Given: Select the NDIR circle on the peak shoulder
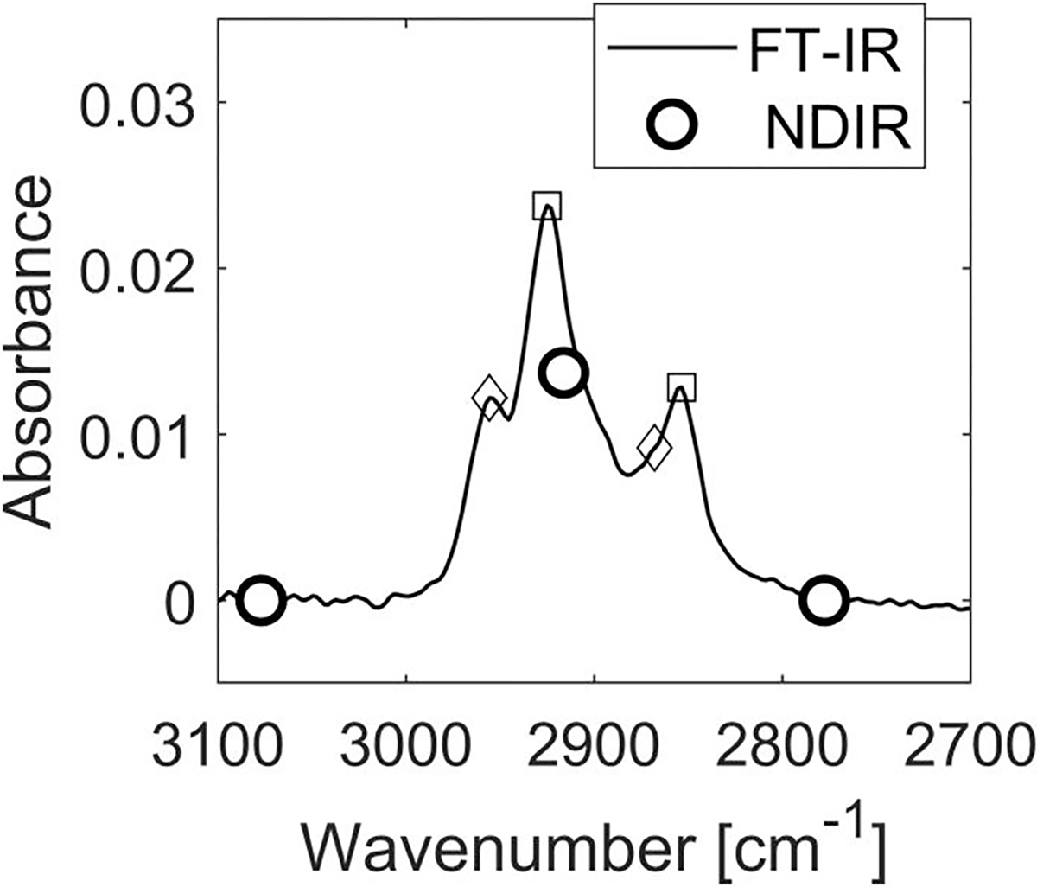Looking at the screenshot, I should pos(563,372).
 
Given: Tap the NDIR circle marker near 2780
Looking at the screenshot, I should pos(823,599).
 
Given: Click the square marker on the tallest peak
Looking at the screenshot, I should pos(547,207).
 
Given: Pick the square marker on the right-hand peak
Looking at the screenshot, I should pos(682,387).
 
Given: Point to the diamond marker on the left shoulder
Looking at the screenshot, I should pos(489,398).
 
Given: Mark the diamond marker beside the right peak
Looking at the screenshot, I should pos(655,448).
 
